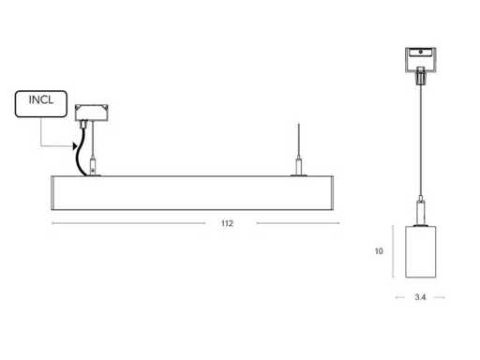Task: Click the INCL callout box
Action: pyautogui.click(x=41, y=104)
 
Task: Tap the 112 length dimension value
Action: pyautogui.click(x=227, y=223)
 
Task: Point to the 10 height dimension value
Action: pyautogui.click(x=379, y=251)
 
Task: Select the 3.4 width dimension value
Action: pyautogui.click(x=420, y=297)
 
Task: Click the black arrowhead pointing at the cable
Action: pyautogui.click(x=75, y=146)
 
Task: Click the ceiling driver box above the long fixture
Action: pyautogui.click(x=92, y=112)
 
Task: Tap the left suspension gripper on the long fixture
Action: pyautogui.click(x=93, y=167)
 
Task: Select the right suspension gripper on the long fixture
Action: pyautogui.click(x=299, y=167)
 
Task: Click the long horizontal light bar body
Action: pyautogui.click(x=192, y=193)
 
